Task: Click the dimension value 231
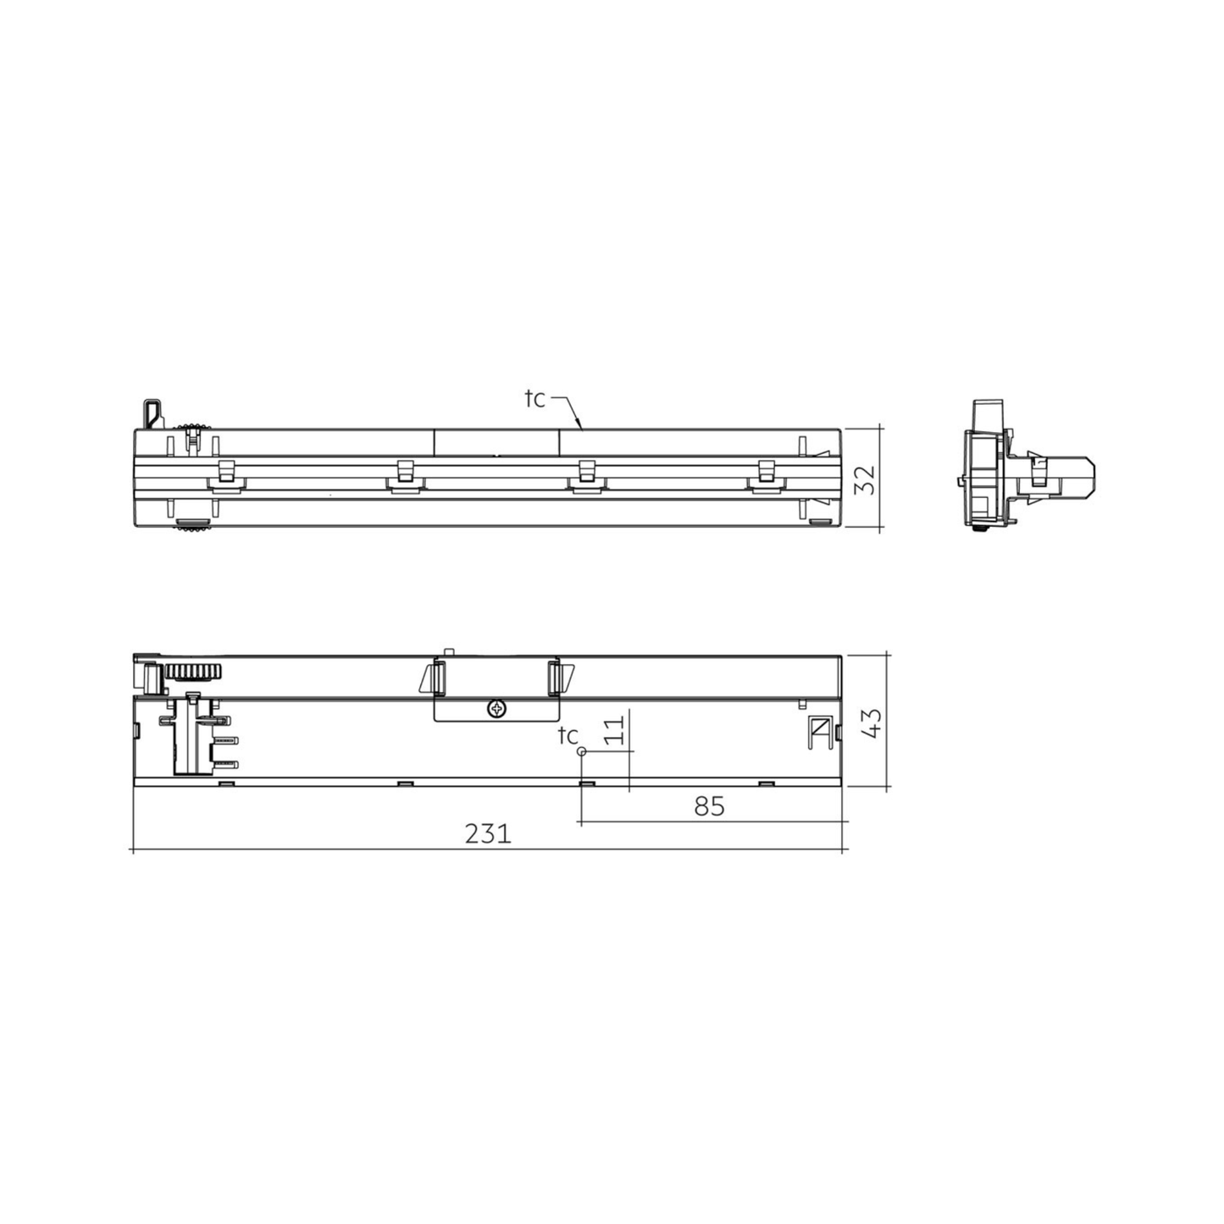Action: pos(488,834)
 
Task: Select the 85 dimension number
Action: pos(709,806)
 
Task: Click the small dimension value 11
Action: pos(617,729)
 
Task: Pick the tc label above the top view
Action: pos(534,398)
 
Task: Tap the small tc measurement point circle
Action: pos(582,751)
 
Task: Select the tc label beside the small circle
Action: pos(568,735)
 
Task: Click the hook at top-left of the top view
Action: pos(151,413)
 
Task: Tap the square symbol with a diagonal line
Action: pos(819,727)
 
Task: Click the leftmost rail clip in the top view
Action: pos(226,476)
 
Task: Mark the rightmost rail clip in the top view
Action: pos(766,476)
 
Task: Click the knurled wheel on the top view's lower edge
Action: pos(194,529)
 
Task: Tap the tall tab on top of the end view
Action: pos(988,415)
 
